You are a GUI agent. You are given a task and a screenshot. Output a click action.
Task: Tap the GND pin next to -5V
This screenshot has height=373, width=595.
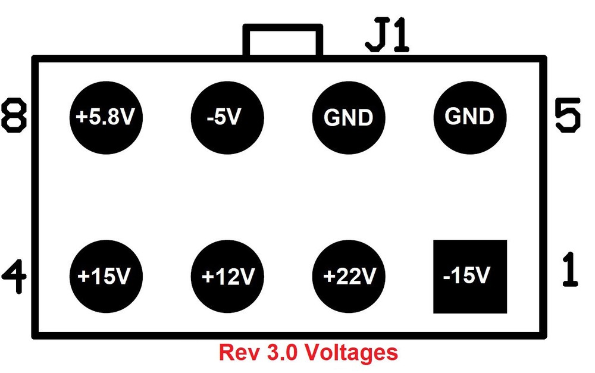point(349,117)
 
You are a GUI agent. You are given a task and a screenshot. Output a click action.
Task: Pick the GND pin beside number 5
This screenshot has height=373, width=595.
point(470,115)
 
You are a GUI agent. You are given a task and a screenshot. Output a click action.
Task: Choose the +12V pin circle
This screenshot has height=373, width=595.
point(227,276)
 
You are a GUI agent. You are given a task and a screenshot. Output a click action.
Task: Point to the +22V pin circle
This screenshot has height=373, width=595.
point(349,276)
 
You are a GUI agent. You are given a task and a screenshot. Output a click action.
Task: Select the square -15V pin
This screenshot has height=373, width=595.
point(470,276)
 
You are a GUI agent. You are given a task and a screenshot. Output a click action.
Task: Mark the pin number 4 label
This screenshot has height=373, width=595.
point(14,275)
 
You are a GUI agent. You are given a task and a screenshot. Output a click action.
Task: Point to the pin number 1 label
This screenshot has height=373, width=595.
point(569,269)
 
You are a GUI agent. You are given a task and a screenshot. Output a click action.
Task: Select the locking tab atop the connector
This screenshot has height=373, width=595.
point(283,40)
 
